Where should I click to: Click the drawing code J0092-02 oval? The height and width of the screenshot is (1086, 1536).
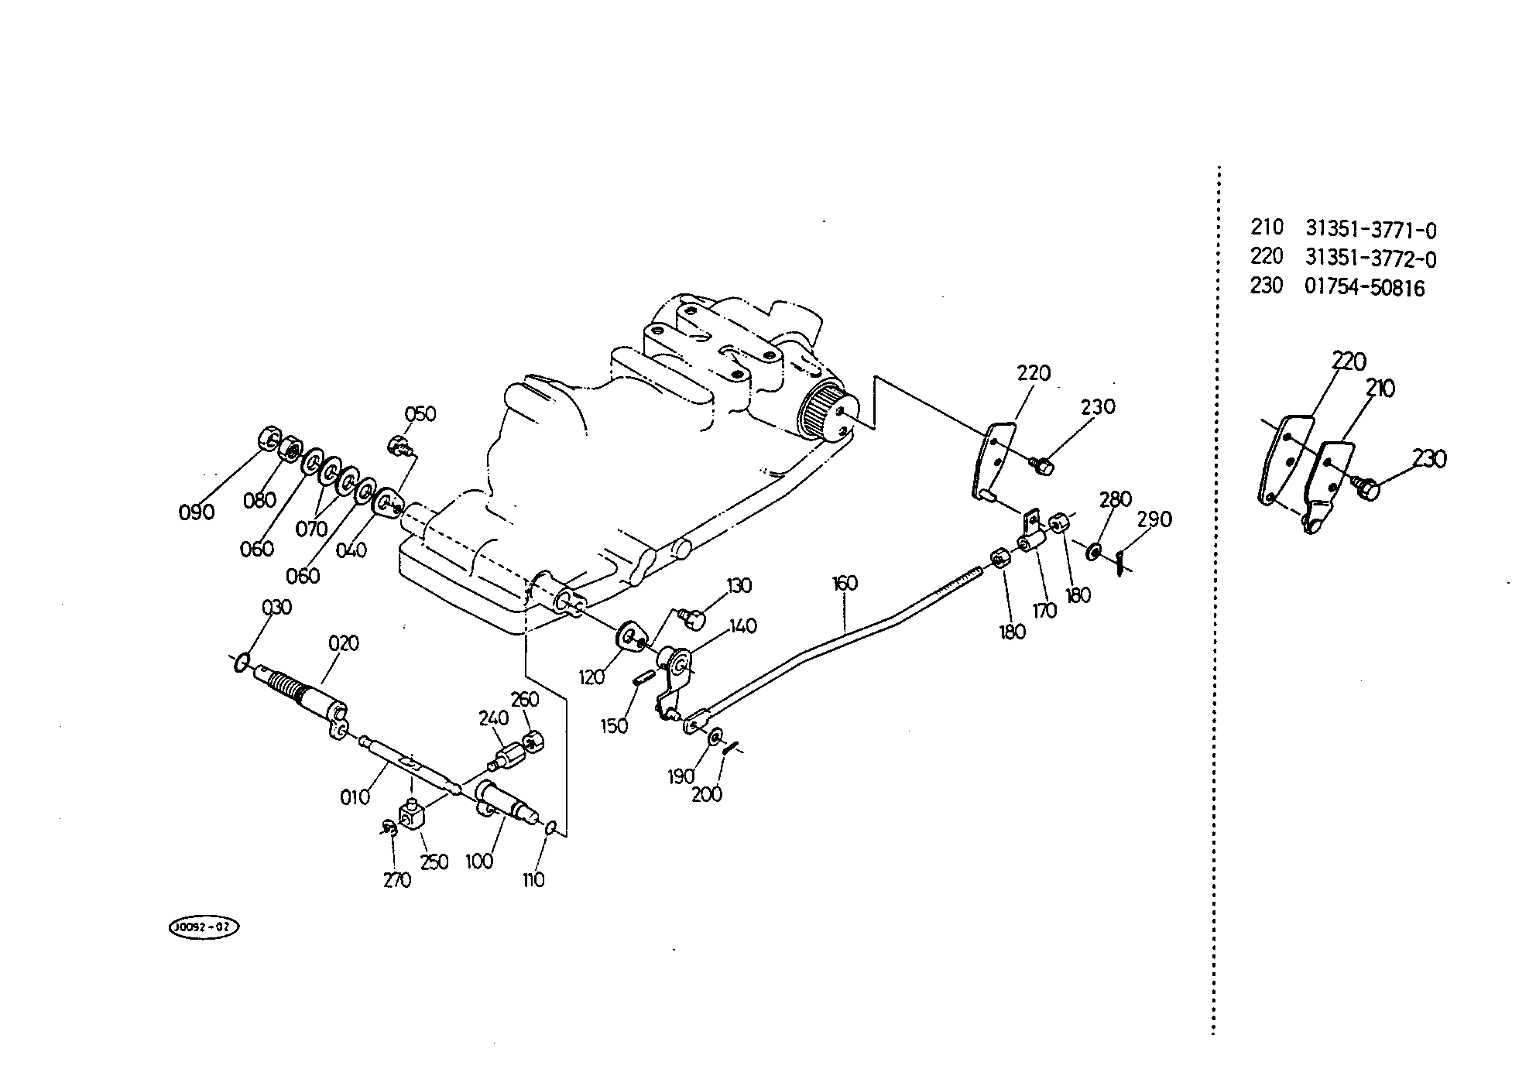coord(204,927)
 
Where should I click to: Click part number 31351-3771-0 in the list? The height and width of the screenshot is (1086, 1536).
coord(1371,230)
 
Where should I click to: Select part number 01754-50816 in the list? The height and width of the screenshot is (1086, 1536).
coord(1365,288)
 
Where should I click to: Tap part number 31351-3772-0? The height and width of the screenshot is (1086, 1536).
coord(1371,259)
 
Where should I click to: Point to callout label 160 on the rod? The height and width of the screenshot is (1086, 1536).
coord(845,583)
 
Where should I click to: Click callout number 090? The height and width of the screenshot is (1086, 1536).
coord(197,512)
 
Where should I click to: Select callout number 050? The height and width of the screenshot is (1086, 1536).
coord(420,414)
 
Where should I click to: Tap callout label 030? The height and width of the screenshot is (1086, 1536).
coord(276,608)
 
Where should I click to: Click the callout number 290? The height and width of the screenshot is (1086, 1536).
coord(1154,519)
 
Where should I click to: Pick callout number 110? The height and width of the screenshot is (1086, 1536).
coord(534,880)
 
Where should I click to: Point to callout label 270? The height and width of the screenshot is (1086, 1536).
coord(397,880)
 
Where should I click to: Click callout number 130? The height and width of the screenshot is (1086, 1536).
coord(739,585)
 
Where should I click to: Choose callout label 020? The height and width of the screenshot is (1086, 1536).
coord(344,643)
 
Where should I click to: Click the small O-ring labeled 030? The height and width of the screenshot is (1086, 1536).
coord(242,662)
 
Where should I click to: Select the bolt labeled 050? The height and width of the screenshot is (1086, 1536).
coord(401,445)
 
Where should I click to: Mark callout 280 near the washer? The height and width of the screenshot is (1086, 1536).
coord(1116,499)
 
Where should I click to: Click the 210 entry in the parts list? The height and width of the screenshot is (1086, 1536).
coord(1267,228)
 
